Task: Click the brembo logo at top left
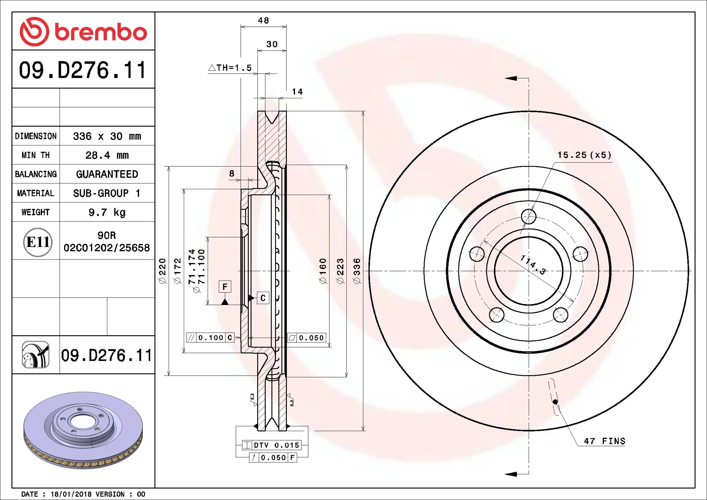point(83,32)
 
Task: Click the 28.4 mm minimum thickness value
point(107,155)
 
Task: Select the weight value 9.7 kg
point(107,212)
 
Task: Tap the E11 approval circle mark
point(38,242)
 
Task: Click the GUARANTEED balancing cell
point(107,174)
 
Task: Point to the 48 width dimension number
point(263,20)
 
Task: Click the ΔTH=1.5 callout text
point(230,68)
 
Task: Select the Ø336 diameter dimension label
point(356,271)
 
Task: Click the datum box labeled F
point(225,286)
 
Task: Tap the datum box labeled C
point(263,298)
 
